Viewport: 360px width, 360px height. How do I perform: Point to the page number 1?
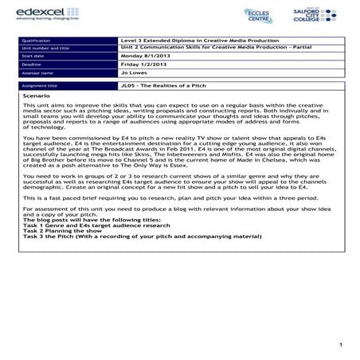coord(339,343)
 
